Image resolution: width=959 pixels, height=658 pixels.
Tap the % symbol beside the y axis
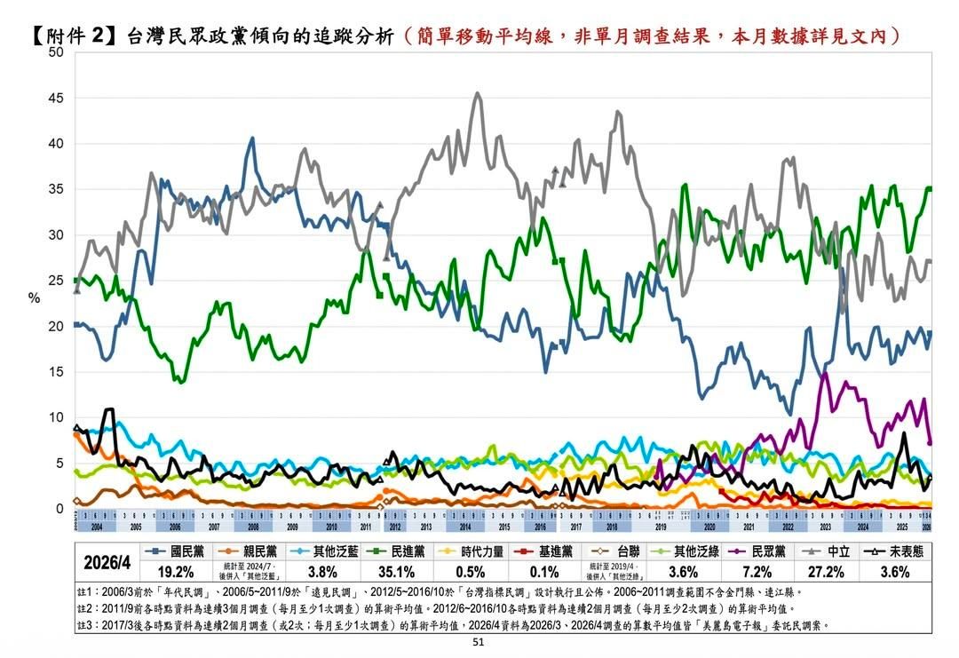coord(34,298)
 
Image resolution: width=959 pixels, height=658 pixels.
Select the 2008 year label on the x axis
coord(253,527)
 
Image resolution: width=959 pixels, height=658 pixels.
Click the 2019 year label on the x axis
coord(662,527)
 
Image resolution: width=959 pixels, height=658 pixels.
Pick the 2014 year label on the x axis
coord(465,527)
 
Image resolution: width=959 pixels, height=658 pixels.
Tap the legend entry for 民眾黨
coord(760,551)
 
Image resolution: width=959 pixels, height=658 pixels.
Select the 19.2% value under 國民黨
coord(175,572)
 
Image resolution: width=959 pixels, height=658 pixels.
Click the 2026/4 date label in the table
coord(107,563)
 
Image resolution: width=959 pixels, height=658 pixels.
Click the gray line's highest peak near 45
coord(478,93)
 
